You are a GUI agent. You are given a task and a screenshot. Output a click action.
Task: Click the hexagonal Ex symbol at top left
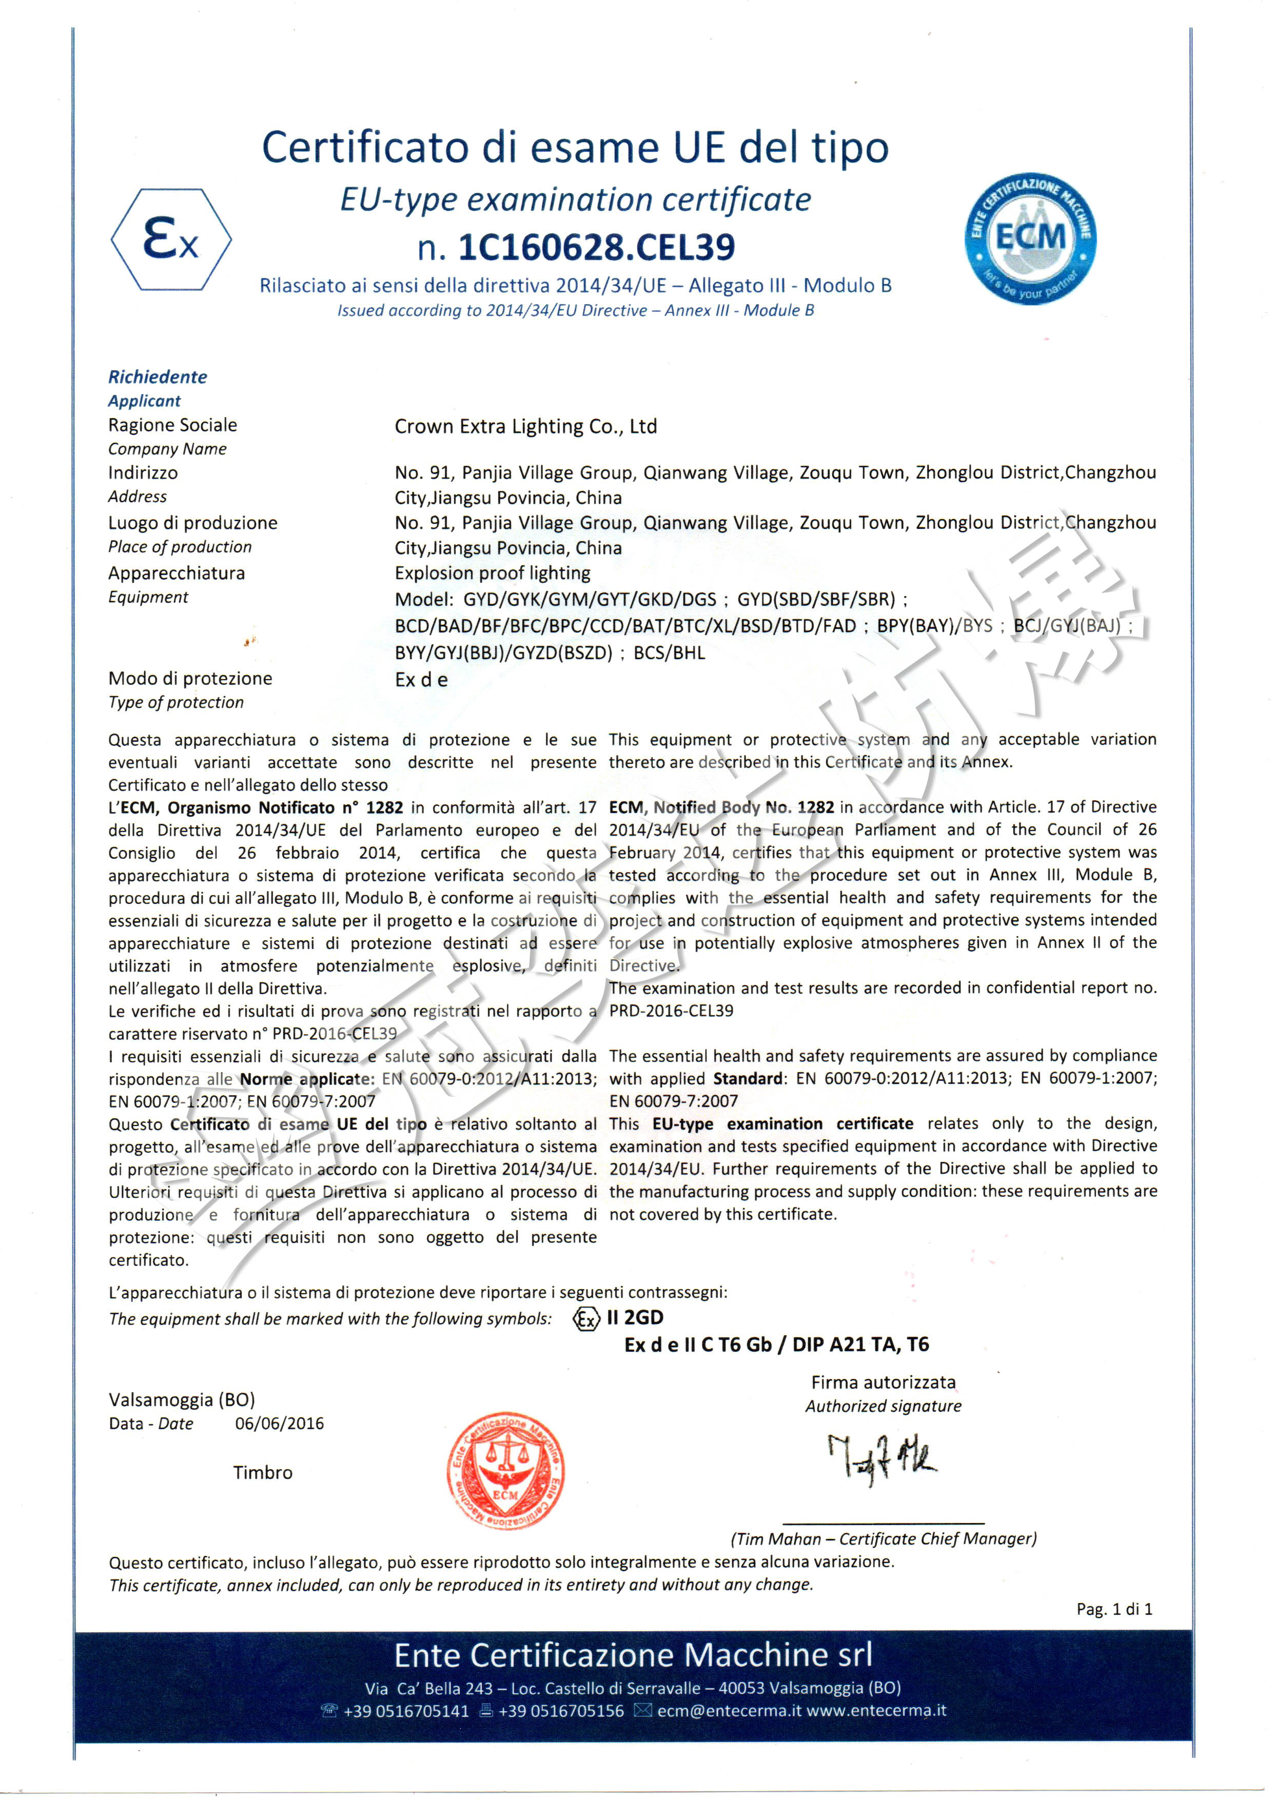(x=171, y=240)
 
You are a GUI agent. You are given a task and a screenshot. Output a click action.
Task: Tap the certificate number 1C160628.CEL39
(x=596, y=247)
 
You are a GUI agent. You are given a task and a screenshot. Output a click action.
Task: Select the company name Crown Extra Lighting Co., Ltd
(x=525, y=426)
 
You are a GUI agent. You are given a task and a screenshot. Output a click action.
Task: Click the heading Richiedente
(x=158, y=377)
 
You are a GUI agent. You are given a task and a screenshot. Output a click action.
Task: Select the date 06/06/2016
(x=279, y=1423)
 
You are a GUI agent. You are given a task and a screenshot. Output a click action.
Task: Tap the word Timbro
(x=262, y=1472)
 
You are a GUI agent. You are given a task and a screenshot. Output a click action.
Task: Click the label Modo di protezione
(x=190, y=678)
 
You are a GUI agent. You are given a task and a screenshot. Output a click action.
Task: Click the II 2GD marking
(x=635, y=1318)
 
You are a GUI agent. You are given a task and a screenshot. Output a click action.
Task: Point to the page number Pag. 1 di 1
(x=1114, y=1610)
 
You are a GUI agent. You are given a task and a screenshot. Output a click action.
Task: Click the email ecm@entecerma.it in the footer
(x=729, y=1711)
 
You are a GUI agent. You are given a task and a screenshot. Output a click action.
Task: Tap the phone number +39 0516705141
(x=405, y=1711)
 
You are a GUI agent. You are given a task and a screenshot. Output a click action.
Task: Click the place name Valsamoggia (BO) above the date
(x=181, y=1399)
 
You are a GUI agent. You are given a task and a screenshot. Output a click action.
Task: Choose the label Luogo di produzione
(x=192, y=523)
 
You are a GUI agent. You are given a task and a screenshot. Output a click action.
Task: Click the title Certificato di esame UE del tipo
(x=575, y=147)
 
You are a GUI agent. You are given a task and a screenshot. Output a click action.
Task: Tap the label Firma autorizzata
(x=883, y=1382)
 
